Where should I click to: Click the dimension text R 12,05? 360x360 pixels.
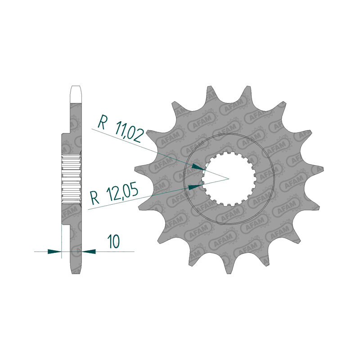click(x=114, y=193)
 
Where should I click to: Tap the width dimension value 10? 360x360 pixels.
click(x=113, y=241)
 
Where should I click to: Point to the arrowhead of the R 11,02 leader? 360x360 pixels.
click(x=198, y=167)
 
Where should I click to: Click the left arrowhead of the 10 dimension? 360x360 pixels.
click(x=54, y=252)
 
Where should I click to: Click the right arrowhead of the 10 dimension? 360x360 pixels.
click(x=89, y=252)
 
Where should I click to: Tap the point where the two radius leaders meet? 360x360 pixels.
click(x=229, y=178)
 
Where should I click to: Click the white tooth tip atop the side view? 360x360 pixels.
click(x=76, y=94)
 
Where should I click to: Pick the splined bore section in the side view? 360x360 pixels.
click(x=71, y=178)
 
